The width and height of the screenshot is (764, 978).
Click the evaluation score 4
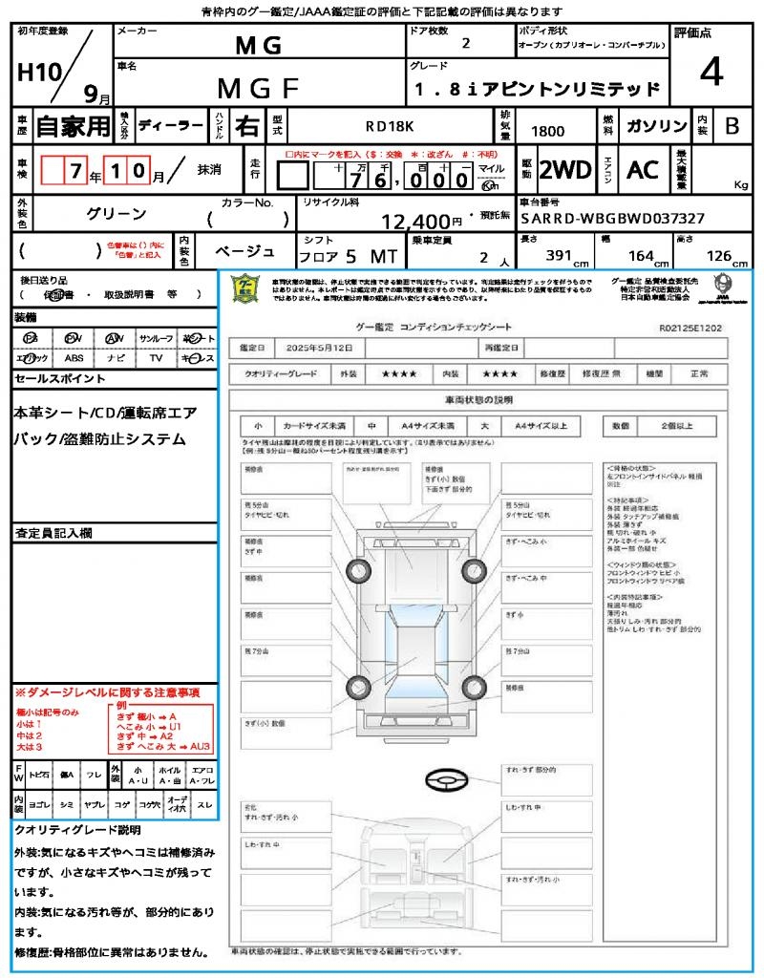coord(710,73)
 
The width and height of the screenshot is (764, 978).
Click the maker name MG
coord(258,45)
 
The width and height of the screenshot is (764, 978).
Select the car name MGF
coord(258,88)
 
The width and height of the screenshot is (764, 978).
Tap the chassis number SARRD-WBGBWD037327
coord(613,219)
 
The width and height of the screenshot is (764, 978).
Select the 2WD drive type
coord(565,170)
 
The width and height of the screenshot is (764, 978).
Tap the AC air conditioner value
coord(643,170)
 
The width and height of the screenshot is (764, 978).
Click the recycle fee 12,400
coord(415,223)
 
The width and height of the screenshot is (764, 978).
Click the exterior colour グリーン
coord(117,214)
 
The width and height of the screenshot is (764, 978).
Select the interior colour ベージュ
coord(244,251)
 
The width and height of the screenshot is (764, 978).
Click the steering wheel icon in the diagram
coord(445,780)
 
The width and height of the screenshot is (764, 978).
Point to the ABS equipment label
coord(74,358)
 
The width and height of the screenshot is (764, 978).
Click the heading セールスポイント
coord(60,379)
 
